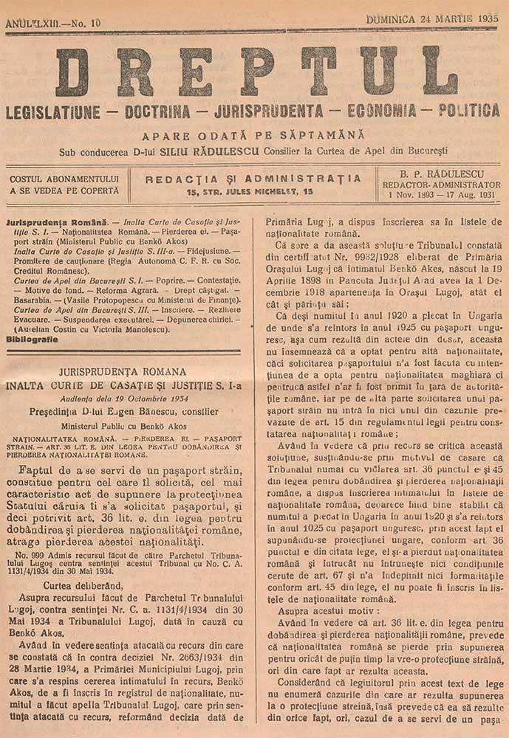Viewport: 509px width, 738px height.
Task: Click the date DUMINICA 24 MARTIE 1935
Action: pos(431,20)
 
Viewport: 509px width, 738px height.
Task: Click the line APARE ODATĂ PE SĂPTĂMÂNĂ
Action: pos(255,136)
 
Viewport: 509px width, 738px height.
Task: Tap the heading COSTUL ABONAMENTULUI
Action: pos(64,179)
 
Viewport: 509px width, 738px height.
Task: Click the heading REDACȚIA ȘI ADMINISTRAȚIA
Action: pos(253,179)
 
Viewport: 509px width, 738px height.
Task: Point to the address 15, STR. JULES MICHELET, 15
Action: pos(250,192)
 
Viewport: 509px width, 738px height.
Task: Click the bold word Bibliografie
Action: pos(32,339)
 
